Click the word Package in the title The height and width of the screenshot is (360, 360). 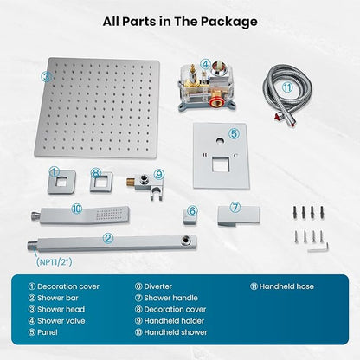[x=228, y=22]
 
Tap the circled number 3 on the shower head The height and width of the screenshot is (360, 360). [x=47, y=77]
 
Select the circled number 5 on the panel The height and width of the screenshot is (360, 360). [x=234, y=133]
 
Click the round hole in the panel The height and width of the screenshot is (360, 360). [x=220, y=141]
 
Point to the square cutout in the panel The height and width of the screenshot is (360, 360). [x=221, y=164]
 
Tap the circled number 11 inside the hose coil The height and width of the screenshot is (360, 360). [x=287, y=87]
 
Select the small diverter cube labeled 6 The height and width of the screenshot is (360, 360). [x=190, y=216]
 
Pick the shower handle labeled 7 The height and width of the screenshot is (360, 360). [x=238, y=215]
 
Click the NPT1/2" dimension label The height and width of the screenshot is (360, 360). [x=54, y=262]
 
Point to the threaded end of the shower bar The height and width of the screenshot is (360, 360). [x=33, y=246]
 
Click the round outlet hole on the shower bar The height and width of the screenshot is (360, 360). [x=186, y=241]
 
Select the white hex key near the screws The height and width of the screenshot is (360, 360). [x=318, y=247]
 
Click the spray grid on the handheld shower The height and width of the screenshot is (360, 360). [x=109, y=215]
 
